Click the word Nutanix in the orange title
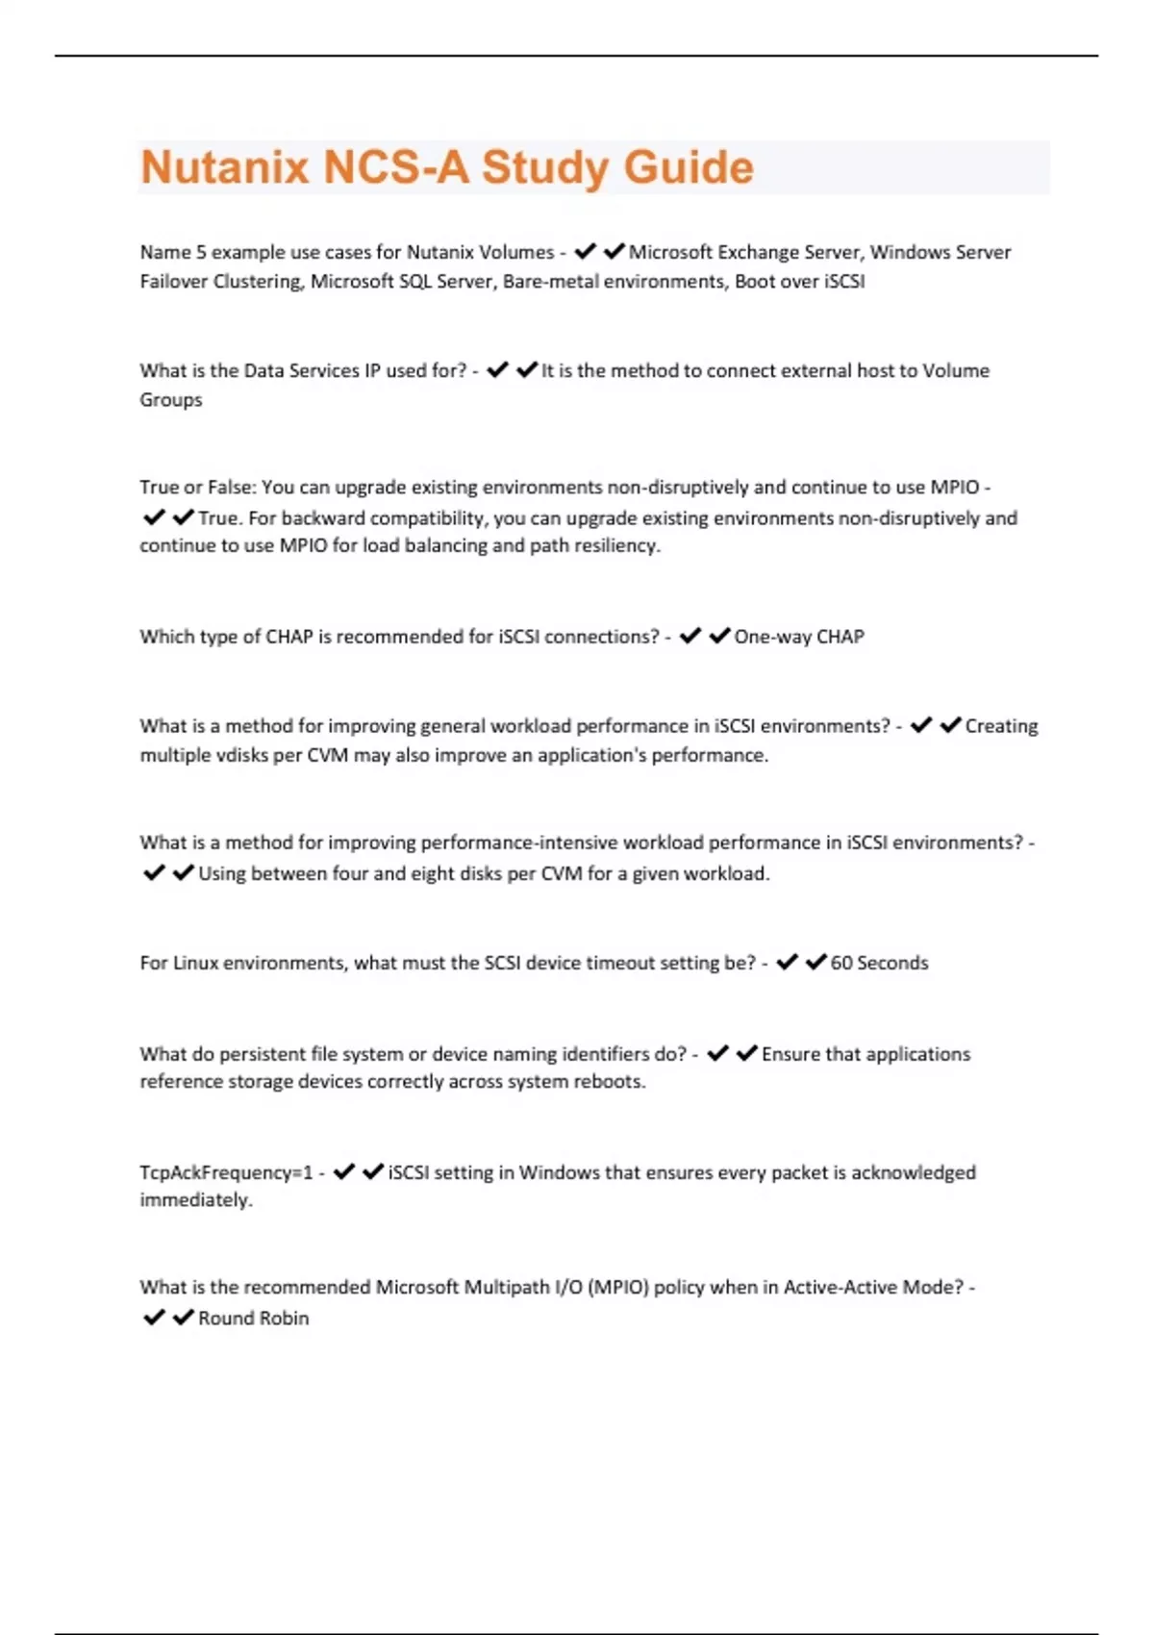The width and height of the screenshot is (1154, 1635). coord(226,167)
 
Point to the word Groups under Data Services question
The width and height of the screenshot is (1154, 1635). coord(171,400)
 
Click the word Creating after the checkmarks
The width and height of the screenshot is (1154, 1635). coord(1001,726)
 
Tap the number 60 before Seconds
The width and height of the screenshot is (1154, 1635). coord(841,963)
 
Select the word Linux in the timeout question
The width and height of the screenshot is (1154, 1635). coord(196,963)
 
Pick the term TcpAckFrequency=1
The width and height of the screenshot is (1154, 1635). coord(226,1172)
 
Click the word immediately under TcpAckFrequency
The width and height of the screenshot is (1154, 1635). coord(195,1200)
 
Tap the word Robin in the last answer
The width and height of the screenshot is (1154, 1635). coord(285,1319)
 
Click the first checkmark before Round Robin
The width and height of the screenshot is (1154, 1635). coord(154,1318)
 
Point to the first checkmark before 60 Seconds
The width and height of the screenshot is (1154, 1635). coord(787,962)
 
